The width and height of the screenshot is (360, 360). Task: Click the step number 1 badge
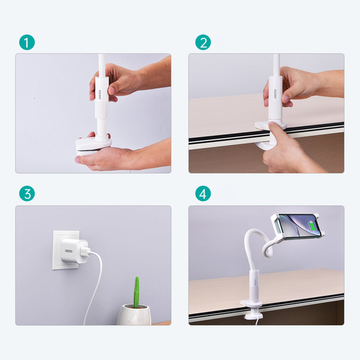pos(27,43)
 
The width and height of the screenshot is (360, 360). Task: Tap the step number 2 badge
pos(203,43)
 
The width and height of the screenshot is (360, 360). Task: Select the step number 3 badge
pos(27,194)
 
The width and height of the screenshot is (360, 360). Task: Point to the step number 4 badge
pos(203,194)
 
